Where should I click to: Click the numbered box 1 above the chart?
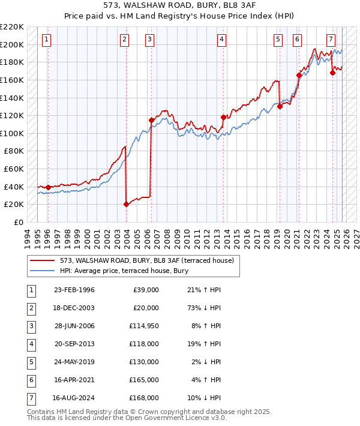click(47, 40)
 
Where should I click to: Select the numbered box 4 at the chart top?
click(221, 40)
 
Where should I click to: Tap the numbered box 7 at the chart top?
click(331, 40)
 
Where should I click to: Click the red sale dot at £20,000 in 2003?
click(126, 204)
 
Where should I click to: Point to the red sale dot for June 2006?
click(151, 120)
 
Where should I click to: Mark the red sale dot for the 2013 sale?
click(223, 117)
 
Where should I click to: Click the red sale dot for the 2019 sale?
click(280, 107)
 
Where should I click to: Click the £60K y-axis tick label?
click(14, 169)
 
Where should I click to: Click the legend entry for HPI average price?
click(124, 271)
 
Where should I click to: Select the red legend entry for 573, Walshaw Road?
click(150, 260)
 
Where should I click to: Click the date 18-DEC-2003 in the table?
click(74, 308)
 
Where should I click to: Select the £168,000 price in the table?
click(145, 398)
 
